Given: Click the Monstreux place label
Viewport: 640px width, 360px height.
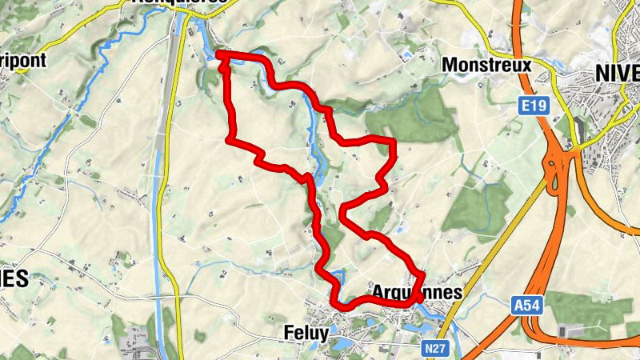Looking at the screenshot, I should pyautogui.click(x=486, y=65).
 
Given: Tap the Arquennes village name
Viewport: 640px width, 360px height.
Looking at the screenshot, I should pyautogui.click(x=417, y=292).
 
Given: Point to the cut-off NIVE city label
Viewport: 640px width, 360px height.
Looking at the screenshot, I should pyautogui.click(x=617, y=73).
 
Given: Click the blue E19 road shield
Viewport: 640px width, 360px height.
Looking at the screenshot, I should pyautogui.click(x=526, y=106).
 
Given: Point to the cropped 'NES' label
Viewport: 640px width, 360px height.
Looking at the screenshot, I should pyautogui.click(x=14, y=279).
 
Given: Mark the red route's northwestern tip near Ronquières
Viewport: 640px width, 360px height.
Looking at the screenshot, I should pyautogui.click(x=219, y=54).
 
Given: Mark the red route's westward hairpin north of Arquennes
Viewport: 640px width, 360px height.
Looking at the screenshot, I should pyautogui.click(x=344, y=212).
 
